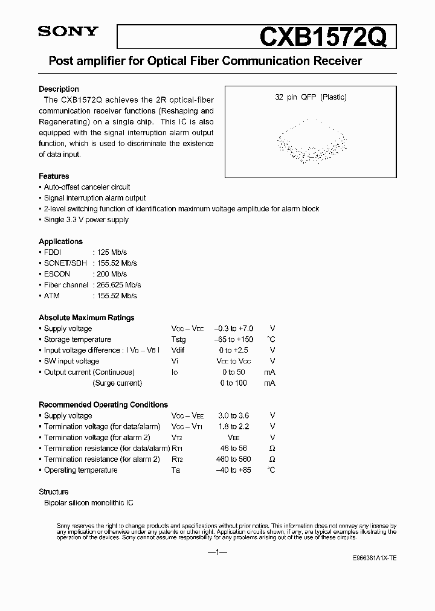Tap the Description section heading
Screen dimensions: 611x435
click(x=59, y=89)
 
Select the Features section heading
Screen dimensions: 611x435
click(x=54, y=176)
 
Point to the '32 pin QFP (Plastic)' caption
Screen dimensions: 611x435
click(x=311, y=97)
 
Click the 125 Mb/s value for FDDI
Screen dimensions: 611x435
click(x=110, y=252)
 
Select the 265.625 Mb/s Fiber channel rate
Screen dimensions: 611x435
click(x=117, y=284)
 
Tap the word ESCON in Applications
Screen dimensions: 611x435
click(x=57, y=274)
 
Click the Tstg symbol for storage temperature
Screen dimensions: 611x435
click(x=179, y=340)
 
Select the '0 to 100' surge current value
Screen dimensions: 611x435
click(x=233, y=383)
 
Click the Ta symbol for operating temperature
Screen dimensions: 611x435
click(x=176, y=470)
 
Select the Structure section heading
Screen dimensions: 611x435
click(x=54, y=492)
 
